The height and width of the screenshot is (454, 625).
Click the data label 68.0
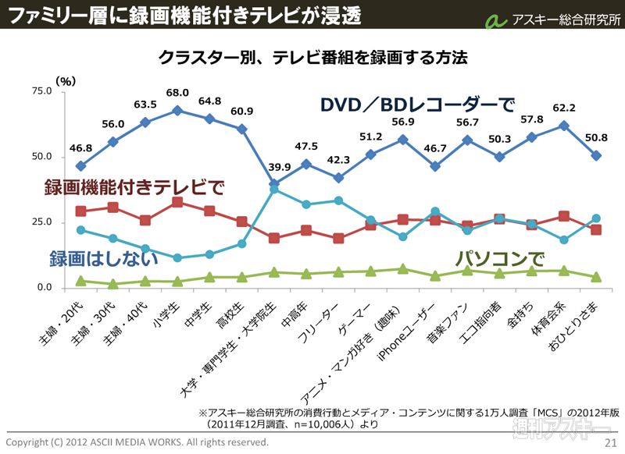177,93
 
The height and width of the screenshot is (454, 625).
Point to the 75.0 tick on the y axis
39,91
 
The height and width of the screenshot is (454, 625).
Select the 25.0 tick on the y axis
39,222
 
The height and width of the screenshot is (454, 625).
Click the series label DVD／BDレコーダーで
417,105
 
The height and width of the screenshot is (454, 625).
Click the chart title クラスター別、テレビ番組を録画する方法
312,57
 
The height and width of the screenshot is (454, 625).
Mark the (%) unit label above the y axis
66,80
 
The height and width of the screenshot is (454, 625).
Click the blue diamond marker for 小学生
177,111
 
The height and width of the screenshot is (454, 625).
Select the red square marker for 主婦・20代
81,211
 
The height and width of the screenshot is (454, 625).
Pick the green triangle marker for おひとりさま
595,277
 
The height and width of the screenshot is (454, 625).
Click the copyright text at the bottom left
137,442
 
